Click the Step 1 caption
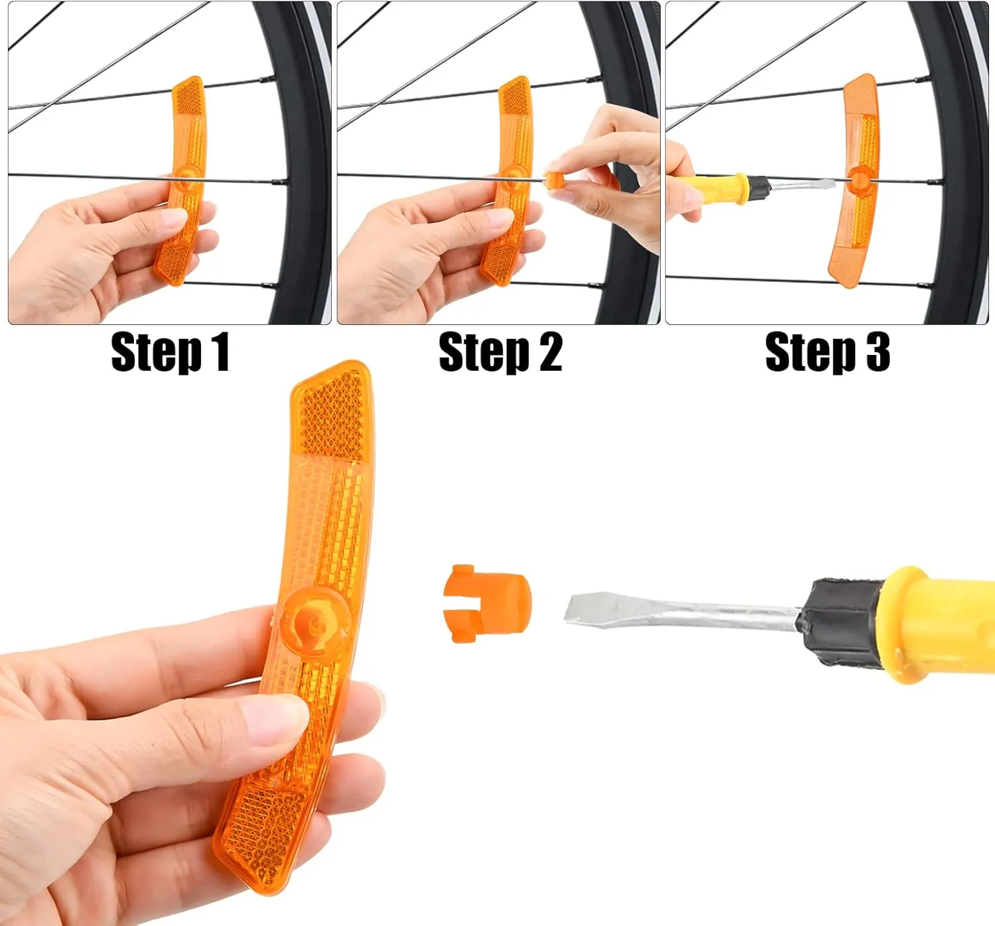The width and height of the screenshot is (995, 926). (170, 352)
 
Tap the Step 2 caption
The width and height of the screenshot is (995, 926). (500, 352)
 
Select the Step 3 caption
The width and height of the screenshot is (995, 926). (827, 352)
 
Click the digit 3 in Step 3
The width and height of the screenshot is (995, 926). (877, 352)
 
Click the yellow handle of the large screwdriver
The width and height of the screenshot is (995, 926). (942, 624)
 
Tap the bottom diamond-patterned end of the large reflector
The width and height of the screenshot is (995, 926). (255, 836)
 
